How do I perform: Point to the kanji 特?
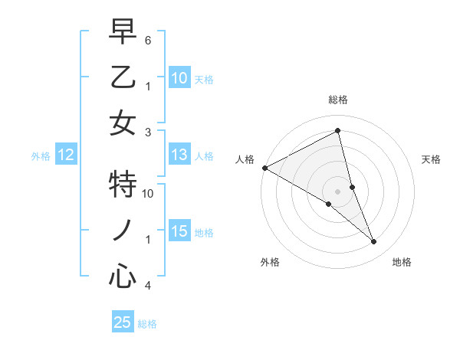coord(123,184)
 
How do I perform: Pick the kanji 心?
coord(123,276)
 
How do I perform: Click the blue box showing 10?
coord(179,77)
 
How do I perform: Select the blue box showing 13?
coord(179,155)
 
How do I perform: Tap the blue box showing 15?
coord(179,231)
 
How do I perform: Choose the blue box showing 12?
coord(66,155)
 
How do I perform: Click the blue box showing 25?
coord(123,322)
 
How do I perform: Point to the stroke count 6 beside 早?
coord(148,39)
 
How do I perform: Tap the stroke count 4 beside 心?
coord(148,286)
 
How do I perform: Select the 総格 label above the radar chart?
coord(337,100)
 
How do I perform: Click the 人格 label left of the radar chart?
coord(245,159)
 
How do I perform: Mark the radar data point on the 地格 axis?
coord(374,242)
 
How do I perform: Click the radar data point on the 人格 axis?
coord(264,168)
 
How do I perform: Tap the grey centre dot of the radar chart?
coord(337,190)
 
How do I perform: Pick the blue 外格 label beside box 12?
coord(41,156)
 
